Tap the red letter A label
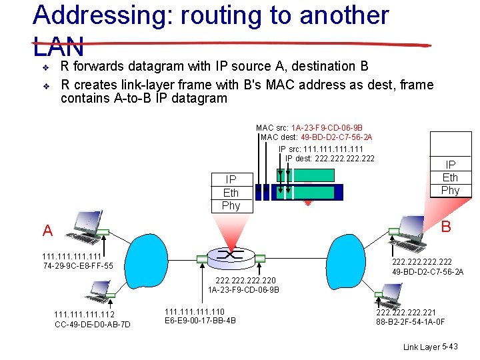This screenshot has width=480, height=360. (x=47, y=231)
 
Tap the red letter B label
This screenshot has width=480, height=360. (x=446, y=227)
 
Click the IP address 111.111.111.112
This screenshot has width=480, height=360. (x=84, y=315)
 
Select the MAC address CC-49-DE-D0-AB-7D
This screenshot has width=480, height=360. (x=92, y=325)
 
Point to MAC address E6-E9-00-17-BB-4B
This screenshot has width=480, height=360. (x=200, y=321)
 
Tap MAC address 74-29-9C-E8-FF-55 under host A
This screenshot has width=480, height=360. (x=77, y=266)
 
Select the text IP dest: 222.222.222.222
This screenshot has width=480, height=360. (x=329, y=158)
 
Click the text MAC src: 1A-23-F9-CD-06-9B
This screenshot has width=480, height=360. (x=309, y=127)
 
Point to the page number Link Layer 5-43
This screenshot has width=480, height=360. (x=431, y=347)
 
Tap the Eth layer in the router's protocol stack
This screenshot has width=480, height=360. (x=231, y=193)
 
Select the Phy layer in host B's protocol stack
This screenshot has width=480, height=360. (x=451, y=190)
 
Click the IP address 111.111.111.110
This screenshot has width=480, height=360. (x=195, y=311)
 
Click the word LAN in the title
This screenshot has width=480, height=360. (x=59, y=47)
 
